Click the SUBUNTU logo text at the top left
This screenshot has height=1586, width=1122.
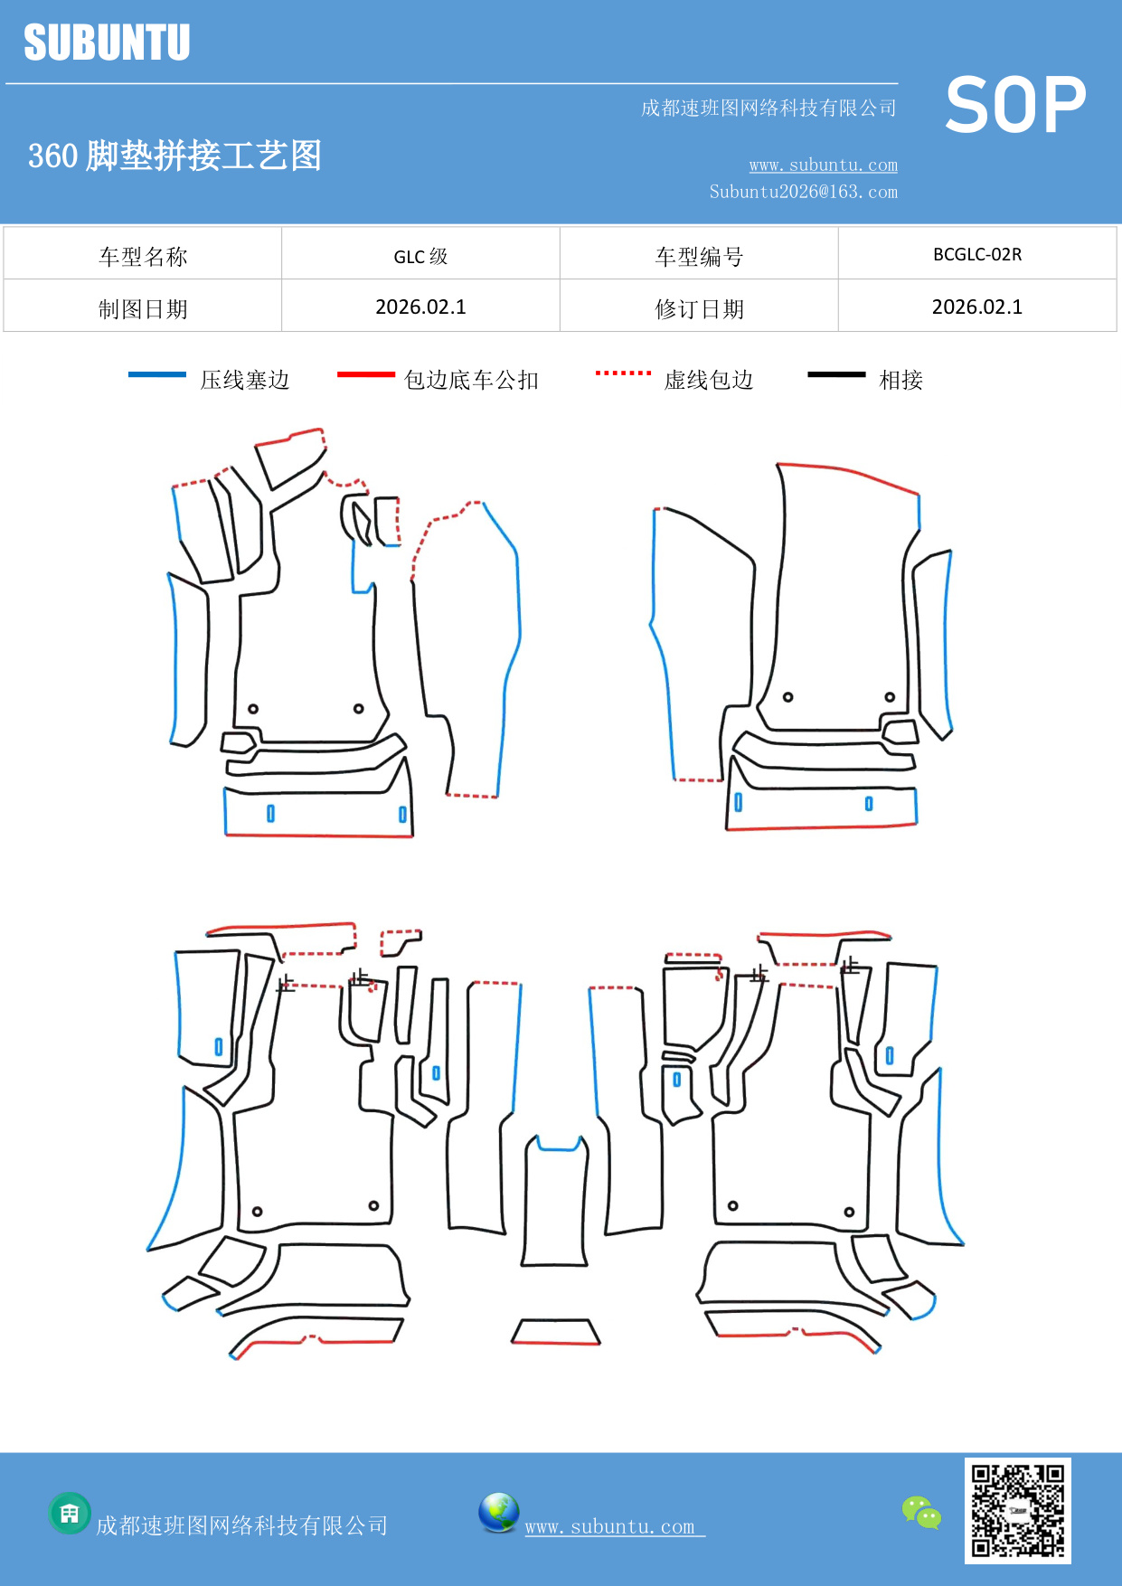[107, 42]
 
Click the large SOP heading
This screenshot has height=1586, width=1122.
[1015, 106]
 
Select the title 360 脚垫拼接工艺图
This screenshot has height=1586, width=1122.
[174, 156]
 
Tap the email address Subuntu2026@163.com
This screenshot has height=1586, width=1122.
[803, 192]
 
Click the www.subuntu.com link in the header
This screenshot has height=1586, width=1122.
[823, 165]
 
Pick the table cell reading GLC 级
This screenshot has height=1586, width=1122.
[420, 256]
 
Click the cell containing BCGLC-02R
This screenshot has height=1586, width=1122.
[977, 255]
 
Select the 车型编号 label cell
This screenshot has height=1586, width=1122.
[699, 257]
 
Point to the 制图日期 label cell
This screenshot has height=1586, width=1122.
[143, 309]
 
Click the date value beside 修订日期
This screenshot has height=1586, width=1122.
[977, 307]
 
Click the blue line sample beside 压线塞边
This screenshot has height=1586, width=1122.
[157, 374]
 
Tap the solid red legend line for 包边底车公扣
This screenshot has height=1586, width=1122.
[366, 374]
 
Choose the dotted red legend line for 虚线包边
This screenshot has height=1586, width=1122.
[623, 373]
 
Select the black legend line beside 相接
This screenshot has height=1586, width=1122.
[836, 374]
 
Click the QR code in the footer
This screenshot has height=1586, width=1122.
[1017, 1510]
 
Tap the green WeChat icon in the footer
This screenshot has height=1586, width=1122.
[921, 1513]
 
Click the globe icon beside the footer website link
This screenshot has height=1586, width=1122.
[499, 1513]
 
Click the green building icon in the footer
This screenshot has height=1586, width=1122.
[70, 1514]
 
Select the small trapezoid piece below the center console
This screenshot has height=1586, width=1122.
[556, 1332]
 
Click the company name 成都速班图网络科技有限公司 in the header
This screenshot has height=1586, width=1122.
[768, 109]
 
